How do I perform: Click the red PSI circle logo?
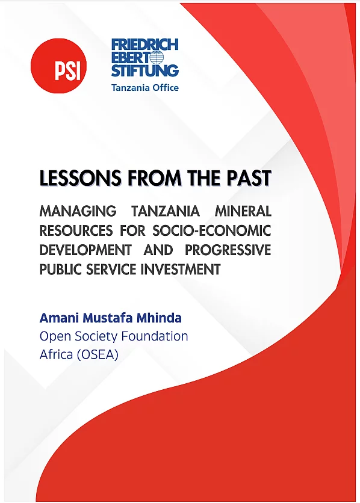(59, 66)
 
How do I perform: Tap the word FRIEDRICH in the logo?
(144, 45)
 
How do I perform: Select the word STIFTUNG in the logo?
(144, 70)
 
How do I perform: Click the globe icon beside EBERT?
(157, 58)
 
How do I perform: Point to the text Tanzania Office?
(144, 88)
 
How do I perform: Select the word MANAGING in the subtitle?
(78, 211)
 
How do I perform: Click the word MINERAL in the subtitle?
(243, 211)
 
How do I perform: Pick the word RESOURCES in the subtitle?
(76, 230)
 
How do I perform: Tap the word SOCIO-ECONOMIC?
(212, 230)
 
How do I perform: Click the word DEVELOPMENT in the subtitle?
(85, 250)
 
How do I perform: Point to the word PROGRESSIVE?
(228, 250)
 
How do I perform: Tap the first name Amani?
(60, 318)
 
